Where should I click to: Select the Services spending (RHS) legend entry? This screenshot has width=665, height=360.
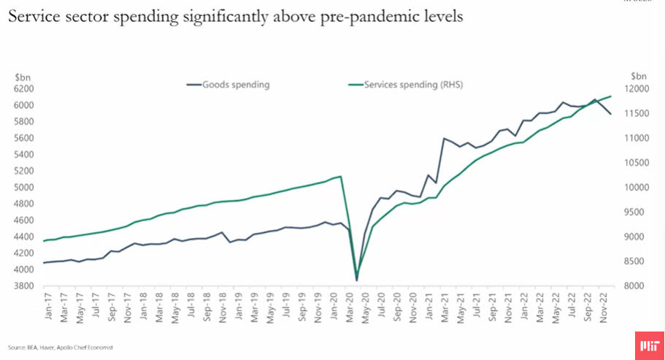[x=413, y=85]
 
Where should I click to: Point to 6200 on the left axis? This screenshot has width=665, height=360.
[x=24, y=88]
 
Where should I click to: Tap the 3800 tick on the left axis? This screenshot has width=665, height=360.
[x=24, y=286]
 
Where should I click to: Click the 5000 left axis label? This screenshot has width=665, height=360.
[x=24, y=187]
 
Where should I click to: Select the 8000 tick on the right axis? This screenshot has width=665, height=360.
[x=637, y=286]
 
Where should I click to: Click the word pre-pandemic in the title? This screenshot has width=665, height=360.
[x=363, y=17]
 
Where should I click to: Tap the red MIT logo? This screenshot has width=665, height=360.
[x=645, y=344]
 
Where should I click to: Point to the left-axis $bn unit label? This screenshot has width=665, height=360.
[x=23, y=75]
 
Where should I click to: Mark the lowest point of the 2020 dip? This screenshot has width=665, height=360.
[x=357, y=280]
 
